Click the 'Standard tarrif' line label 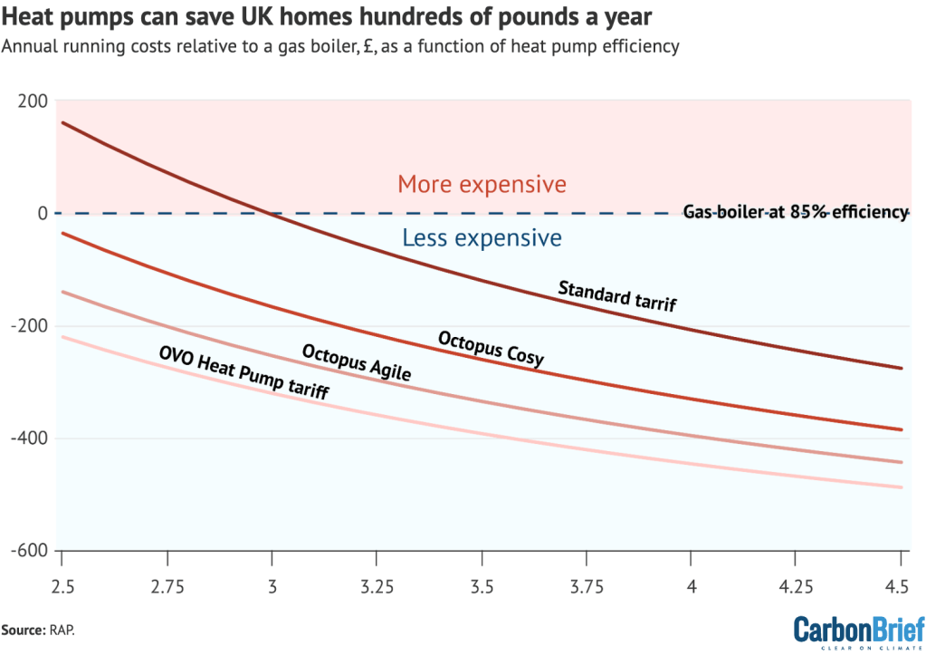coord(616,296)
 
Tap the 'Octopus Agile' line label coord(357,361)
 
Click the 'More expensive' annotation coord(482,185)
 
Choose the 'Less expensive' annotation coord(482,238)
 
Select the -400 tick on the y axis coord(31,438)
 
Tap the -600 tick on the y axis coord(31,551)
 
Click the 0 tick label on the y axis coord(42,214)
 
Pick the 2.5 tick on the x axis coord(62,586)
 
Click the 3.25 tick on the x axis coord(377,586)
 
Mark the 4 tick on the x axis coord(692,586)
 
